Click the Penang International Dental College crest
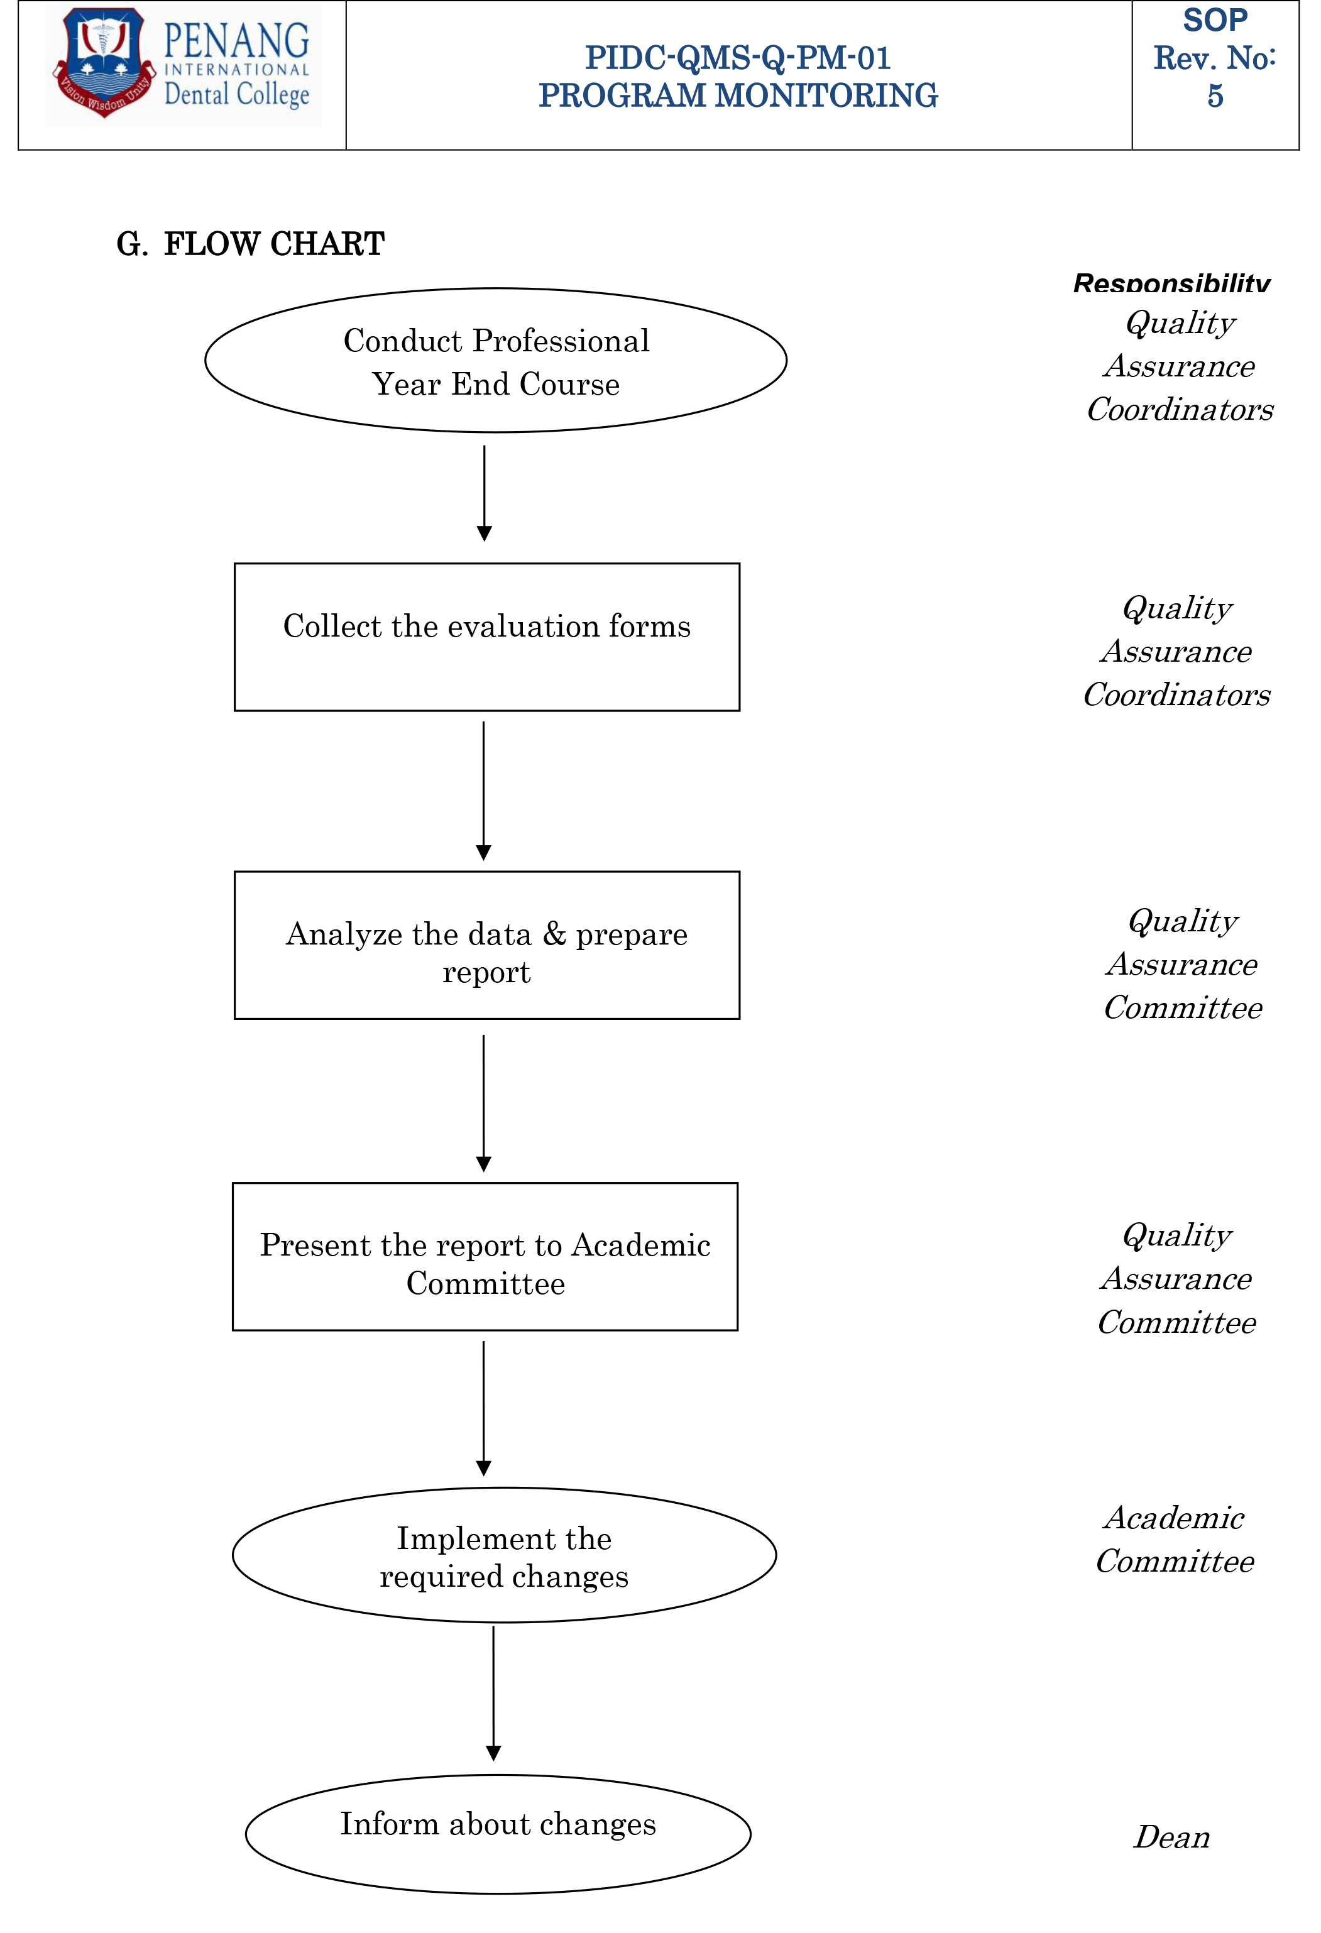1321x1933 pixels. pyautogui.click(x=103, y=62)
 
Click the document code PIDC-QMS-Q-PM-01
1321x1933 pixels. pyautogui.click(x=738, y=57)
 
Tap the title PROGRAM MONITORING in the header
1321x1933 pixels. pyautogui.click(x=738, y=96)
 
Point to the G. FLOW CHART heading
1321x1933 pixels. pyautogui.click(x=250, y=244)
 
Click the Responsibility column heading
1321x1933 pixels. pyautogui.click(x=1171, y=283)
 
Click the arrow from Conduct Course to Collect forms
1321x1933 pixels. pyautogui.click(x=484, y=493)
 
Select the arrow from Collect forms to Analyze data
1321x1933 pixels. pyautogui.click(x=483, y=791)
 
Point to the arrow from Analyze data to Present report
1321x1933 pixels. pyautogui.click(x=483, y=1103)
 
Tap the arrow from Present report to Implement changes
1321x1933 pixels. pyautogui.click(x=483, y=1408)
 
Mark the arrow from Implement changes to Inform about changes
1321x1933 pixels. pyautogui.click(x=493, y=1694)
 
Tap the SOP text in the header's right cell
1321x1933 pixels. pyautogui.click(x=1215, y=20)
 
